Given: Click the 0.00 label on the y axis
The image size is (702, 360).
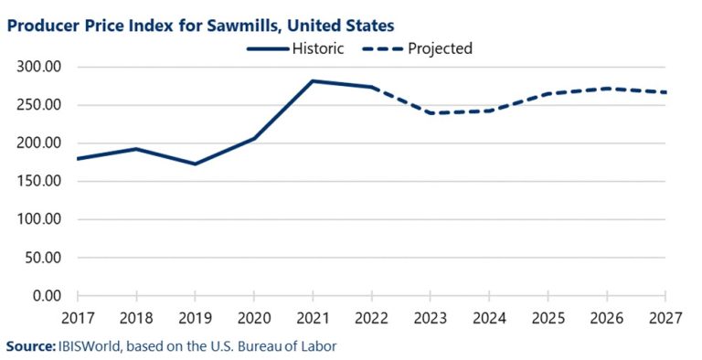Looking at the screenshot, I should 47,295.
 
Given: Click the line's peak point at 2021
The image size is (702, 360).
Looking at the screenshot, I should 313,81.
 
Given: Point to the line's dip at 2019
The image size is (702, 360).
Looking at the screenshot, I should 195,164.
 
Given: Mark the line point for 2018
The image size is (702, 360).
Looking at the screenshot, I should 136,149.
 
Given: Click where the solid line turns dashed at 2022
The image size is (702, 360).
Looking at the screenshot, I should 371,88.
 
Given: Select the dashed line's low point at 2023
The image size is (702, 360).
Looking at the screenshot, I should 430,113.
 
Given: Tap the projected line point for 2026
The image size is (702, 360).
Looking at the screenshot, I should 606,89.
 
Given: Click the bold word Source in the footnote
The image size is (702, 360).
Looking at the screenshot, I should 29,346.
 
